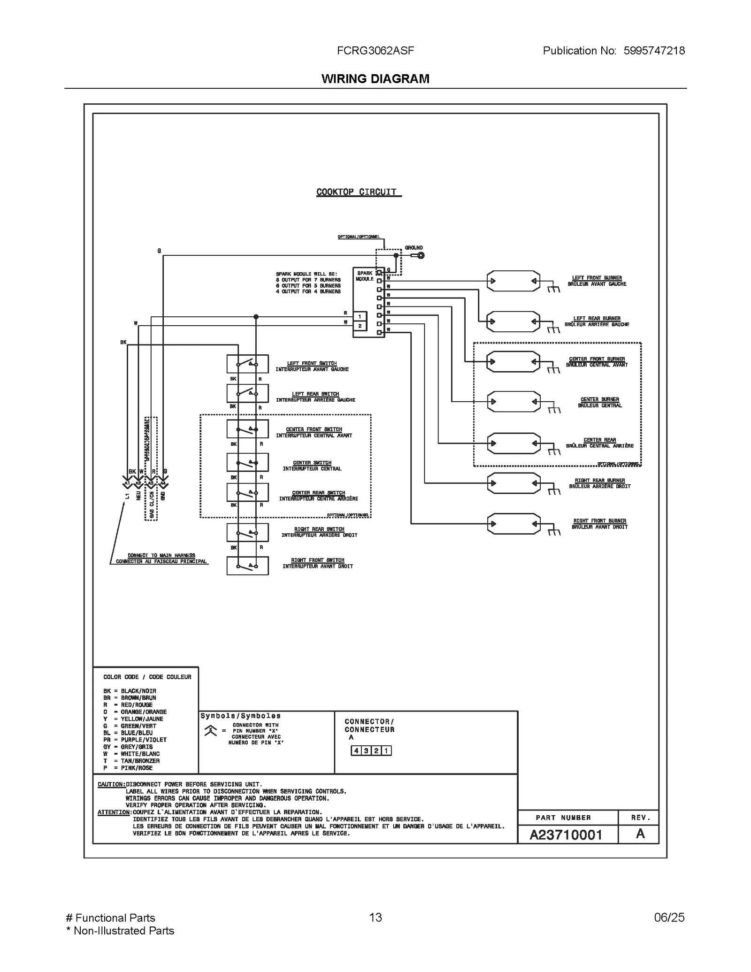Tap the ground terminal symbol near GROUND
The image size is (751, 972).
point(421,255)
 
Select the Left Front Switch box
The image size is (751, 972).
point(247,364)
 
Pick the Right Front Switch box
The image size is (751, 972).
point(247,566)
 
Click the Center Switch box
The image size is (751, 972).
point(247,462)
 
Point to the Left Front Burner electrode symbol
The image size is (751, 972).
point(513,281)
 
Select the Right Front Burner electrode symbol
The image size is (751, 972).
point(513,524)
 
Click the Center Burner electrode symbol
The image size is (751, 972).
point(513,402)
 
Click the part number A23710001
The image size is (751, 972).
point(566,835)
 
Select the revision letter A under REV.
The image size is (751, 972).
point(640,834)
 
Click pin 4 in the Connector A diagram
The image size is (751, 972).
point(356,750)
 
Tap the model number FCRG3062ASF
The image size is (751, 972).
point(375,51)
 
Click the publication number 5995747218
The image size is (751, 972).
point(654,51)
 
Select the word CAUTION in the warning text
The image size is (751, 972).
point(111,784)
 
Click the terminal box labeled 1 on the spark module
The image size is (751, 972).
point(360,317)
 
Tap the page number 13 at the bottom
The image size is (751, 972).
point(375,930)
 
